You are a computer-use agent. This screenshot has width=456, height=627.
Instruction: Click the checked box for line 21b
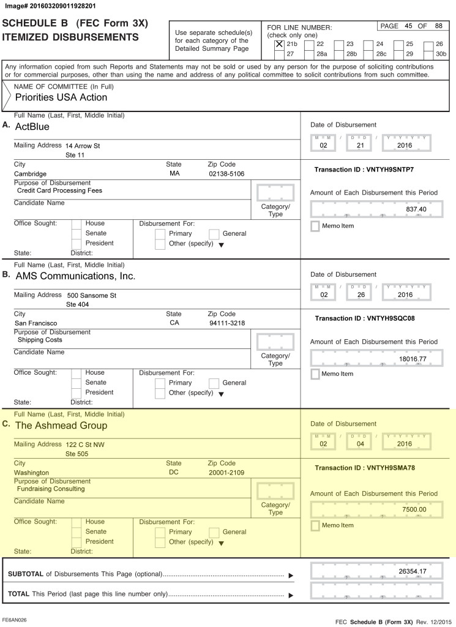pos(279,44)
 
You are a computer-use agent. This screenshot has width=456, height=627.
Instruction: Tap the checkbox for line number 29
pos(399,54)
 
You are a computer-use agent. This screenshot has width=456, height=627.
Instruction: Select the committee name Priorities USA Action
pos(61,97)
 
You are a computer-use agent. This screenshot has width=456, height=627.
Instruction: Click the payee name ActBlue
pos(32,127)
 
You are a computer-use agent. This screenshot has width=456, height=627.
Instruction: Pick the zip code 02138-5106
pos(226,174)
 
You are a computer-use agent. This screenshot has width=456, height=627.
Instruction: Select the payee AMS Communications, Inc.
pos(75,276)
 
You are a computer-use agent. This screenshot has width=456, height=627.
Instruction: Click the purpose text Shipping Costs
pos(40,340)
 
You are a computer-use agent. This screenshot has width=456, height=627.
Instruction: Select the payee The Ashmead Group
pos(61,426)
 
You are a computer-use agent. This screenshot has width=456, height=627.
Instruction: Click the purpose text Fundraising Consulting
pos(51,489)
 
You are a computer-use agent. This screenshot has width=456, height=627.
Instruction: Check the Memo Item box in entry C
pos(315,525)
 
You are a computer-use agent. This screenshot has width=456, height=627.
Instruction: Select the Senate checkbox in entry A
pos(76,233)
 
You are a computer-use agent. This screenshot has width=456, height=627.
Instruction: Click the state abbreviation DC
pos(174,473)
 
